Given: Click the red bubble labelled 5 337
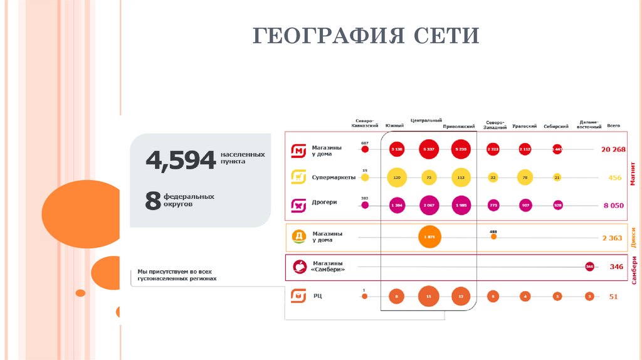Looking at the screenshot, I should [429, 149].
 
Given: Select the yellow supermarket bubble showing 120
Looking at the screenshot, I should [397, 177].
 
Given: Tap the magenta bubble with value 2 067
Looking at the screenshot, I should [429, 205].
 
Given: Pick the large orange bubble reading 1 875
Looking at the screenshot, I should [429, 237].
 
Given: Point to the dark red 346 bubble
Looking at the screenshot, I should [589, 267].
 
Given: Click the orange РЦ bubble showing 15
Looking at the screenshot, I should [429, 297].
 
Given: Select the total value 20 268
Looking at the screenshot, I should [613, 149].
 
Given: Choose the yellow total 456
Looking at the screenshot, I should [614, 177].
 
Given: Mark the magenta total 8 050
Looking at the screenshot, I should [614, 205].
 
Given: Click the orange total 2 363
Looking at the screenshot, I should [613, 238].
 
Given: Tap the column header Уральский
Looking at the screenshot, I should [524, 126].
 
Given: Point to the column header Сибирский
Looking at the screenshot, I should [556, 126].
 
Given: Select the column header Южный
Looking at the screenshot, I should [394, 126].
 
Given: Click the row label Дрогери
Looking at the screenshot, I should [325, 203].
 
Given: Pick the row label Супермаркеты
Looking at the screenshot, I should [334, 177].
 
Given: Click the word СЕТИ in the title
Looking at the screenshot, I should [447, 36].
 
